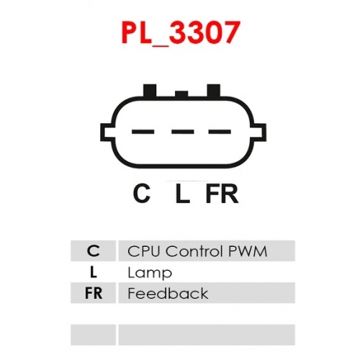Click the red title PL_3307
(x=181, y=32)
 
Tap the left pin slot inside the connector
(x=143, y=132)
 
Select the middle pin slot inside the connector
(x=183, y=132)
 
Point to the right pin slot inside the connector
(x=220, y=132)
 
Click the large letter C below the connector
(x=142, y=194)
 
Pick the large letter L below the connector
(x=183, y=194)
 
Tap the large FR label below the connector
(x=222, y=194)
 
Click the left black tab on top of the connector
(x=150, y=91)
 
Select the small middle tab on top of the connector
(x=181, y=94)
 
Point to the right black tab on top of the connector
(x=214, y=91)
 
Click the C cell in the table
(x=94, y=251)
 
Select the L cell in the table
(x=94, y=272)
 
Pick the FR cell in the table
(x=94, y=293)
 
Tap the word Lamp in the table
(x=150, y=273)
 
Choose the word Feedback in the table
(x=168, y=293)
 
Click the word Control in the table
(x=194, y=251)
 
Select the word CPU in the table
(x=144, y=251)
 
